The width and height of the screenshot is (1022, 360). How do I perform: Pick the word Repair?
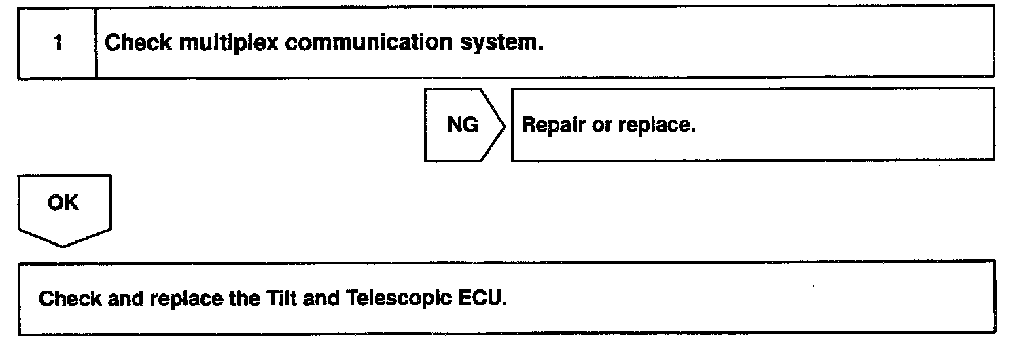tap(548, 126)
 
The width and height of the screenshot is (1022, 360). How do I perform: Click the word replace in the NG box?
tap(658, 126)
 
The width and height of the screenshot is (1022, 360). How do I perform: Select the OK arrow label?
tap(63, 203)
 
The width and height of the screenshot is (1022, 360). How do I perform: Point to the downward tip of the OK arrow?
tap(63, 246)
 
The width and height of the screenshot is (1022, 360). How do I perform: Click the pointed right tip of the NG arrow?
tap(506, 125)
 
